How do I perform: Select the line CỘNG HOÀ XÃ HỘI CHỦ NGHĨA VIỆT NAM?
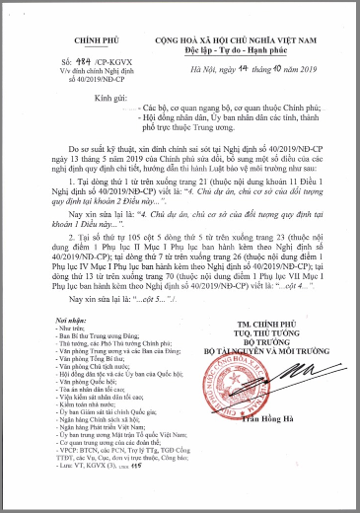[243, 15]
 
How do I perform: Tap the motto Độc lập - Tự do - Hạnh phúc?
[243, 25]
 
